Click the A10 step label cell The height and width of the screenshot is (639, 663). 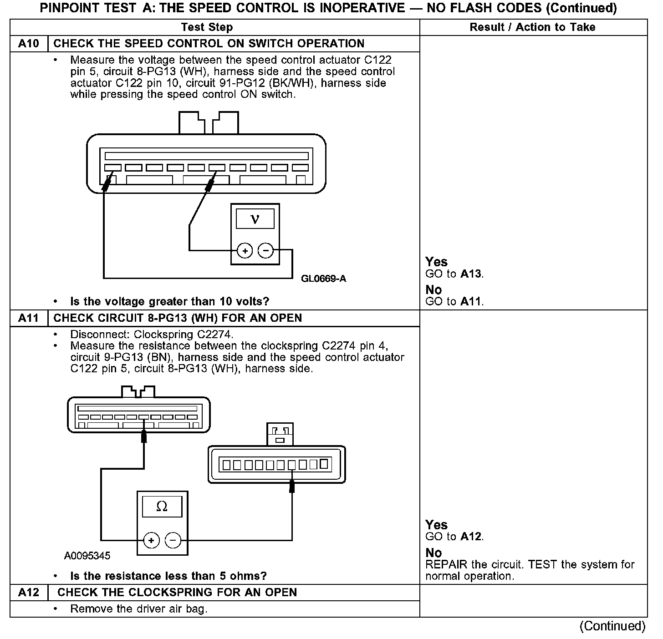(28, 44)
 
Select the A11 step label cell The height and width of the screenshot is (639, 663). (28, 318)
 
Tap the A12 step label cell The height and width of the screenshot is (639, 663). (28, 592)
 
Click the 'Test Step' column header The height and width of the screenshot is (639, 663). (207, 27)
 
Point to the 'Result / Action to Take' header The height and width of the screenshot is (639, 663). (532, 27)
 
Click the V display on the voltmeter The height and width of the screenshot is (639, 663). (255, 219)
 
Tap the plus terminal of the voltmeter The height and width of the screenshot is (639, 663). (245, 250)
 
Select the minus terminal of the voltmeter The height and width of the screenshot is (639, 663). (266, 250)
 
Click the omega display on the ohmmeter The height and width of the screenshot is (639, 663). (162, 507)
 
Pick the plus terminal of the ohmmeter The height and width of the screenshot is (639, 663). (151, 540)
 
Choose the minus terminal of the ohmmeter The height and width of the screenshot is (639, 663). (173, 540)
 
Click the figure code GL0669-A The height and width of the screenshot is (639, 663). (323, 279)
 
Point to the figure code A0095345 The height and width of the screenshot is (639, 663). (87, 556)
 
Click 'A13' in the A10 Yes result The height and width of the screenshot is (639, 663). (471, 274)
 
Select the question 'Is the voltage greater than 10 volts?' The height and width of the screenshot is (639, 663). (169, 301)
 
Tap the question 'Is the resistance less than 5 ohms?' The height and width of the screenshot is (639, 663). (168, 576)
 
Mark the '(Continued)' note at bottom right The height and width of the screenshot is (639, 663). (612, 626)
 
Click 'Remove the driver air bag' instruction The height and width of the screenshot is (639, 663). (138, 609)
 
